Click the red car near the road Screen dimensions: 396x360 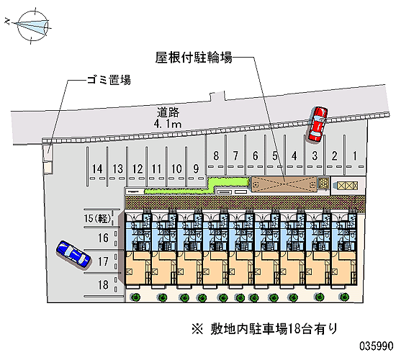coord(318,124)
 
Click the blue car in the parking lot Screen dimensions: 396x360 coord(73,254)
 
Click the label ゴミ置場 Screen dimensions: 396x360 coord(109,80)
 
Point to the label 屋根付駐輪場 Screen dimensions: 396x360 coord(194,58)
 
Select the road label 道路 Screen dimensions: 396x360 coord(168,112)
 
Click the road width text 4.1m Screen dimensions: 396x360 coord(168,124)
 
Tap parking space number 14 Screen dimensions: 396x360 coord(97,168)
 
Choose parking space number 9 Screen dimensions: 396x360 coord(196,168)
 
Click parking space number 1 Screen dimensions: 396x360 coord(354,156)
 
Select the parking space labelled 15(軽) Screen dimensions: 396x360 coord(98,218)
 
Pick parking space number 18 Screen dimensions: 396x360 coord(103,284)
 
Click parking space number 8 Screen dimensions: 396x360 coord(216,156)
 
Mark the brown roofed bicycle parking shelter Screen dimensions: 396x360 coord(284,184)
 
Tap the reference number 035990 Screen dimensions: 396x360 coord(377,346)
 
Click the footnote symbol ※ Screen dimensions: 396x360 coord(197,329)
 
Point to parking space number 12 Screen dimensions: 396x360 coord(138,168)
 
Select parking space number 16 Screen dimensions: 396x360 coord(103,238)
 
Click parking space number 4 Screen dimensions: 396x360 coord(294,156)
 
